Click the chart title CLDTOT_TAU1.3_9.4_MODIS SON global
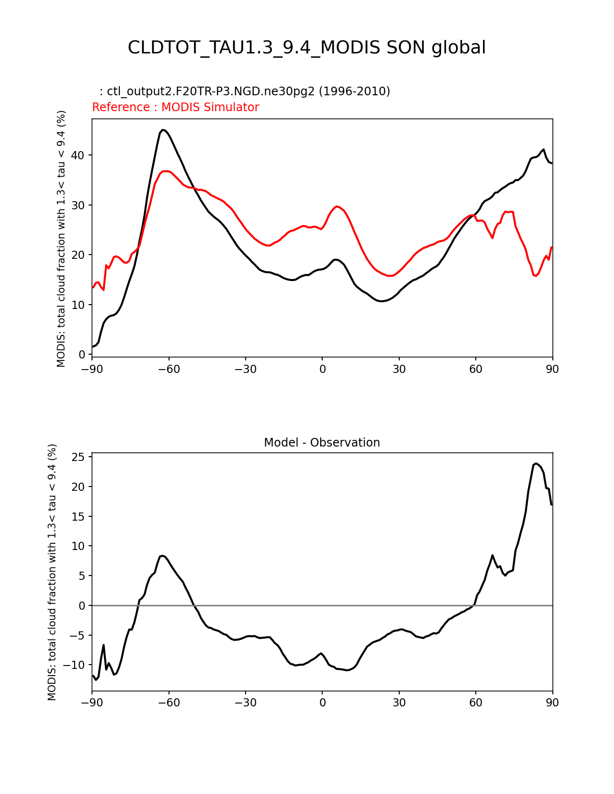[x=307, y=48]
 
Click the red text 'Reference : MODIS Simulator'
[x=175, y=107]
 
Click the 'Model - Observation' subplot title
[x=322, y=443]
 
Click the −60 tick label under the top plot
[x=169, y=370]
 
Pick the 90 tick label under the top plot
[x=552, y=370]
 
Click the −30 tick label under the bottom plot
[x=245, y=703]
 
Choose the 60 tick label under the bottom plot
[x=476, y=703]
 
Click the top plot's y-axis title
[x=61, y=239]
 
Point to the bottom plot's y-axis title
[x=52, y=572]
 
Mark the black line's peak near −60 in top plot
[x=163, y=130]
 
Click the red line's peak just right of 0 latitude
[x=337, y=206]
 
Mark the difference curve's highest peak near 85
[x=536, y=463]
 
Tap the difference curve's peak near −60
[x=162, y=556]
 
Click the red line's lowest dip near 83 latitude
[x=535, y=276]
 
